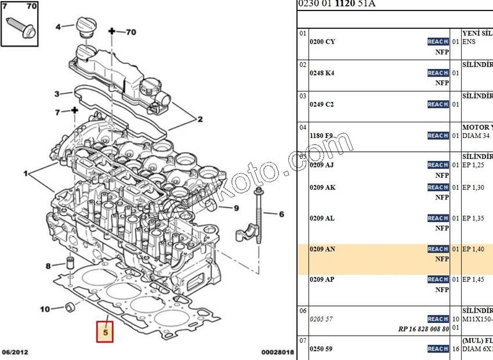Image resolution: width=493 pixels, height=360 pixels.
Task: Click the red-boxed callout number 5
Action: [105, 333]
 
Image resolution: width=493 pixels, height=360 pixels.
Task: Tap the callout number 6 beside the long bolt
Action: [281, 214]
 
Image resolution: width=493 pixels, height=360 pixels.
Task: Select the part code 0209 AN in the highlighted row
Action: [322, 249]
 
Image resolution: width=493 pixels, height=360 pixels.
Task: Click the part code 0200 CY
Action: [322, 42]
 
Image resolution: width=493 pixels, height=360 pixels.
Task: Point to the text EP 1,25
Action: [473, 165]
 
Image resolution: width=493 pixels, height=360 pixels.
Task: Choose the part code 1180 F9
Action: [321, 136]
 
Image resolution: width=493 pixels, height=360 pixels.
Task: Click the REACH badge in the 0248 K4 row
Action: [437, 73]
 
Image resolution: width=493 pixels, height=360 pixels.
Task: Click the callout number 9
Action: [236, 208]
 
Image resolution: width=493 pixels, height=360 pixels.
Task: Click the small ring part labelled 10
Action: [70, 306]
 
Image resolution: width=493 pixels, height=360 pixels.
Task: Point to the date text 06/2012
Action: [15, 352]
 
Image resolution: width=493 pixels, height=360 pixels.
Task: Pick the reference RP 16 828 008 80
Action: [423, 329]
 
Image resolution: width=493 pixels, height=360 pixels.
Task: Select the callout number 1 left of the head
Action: [26, 173]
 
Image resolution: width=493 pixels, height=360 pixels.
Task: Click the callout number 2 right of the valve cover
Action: [200, 120]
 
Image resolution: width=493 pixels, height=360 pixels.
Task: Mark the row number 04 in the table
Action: [302, 127]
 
